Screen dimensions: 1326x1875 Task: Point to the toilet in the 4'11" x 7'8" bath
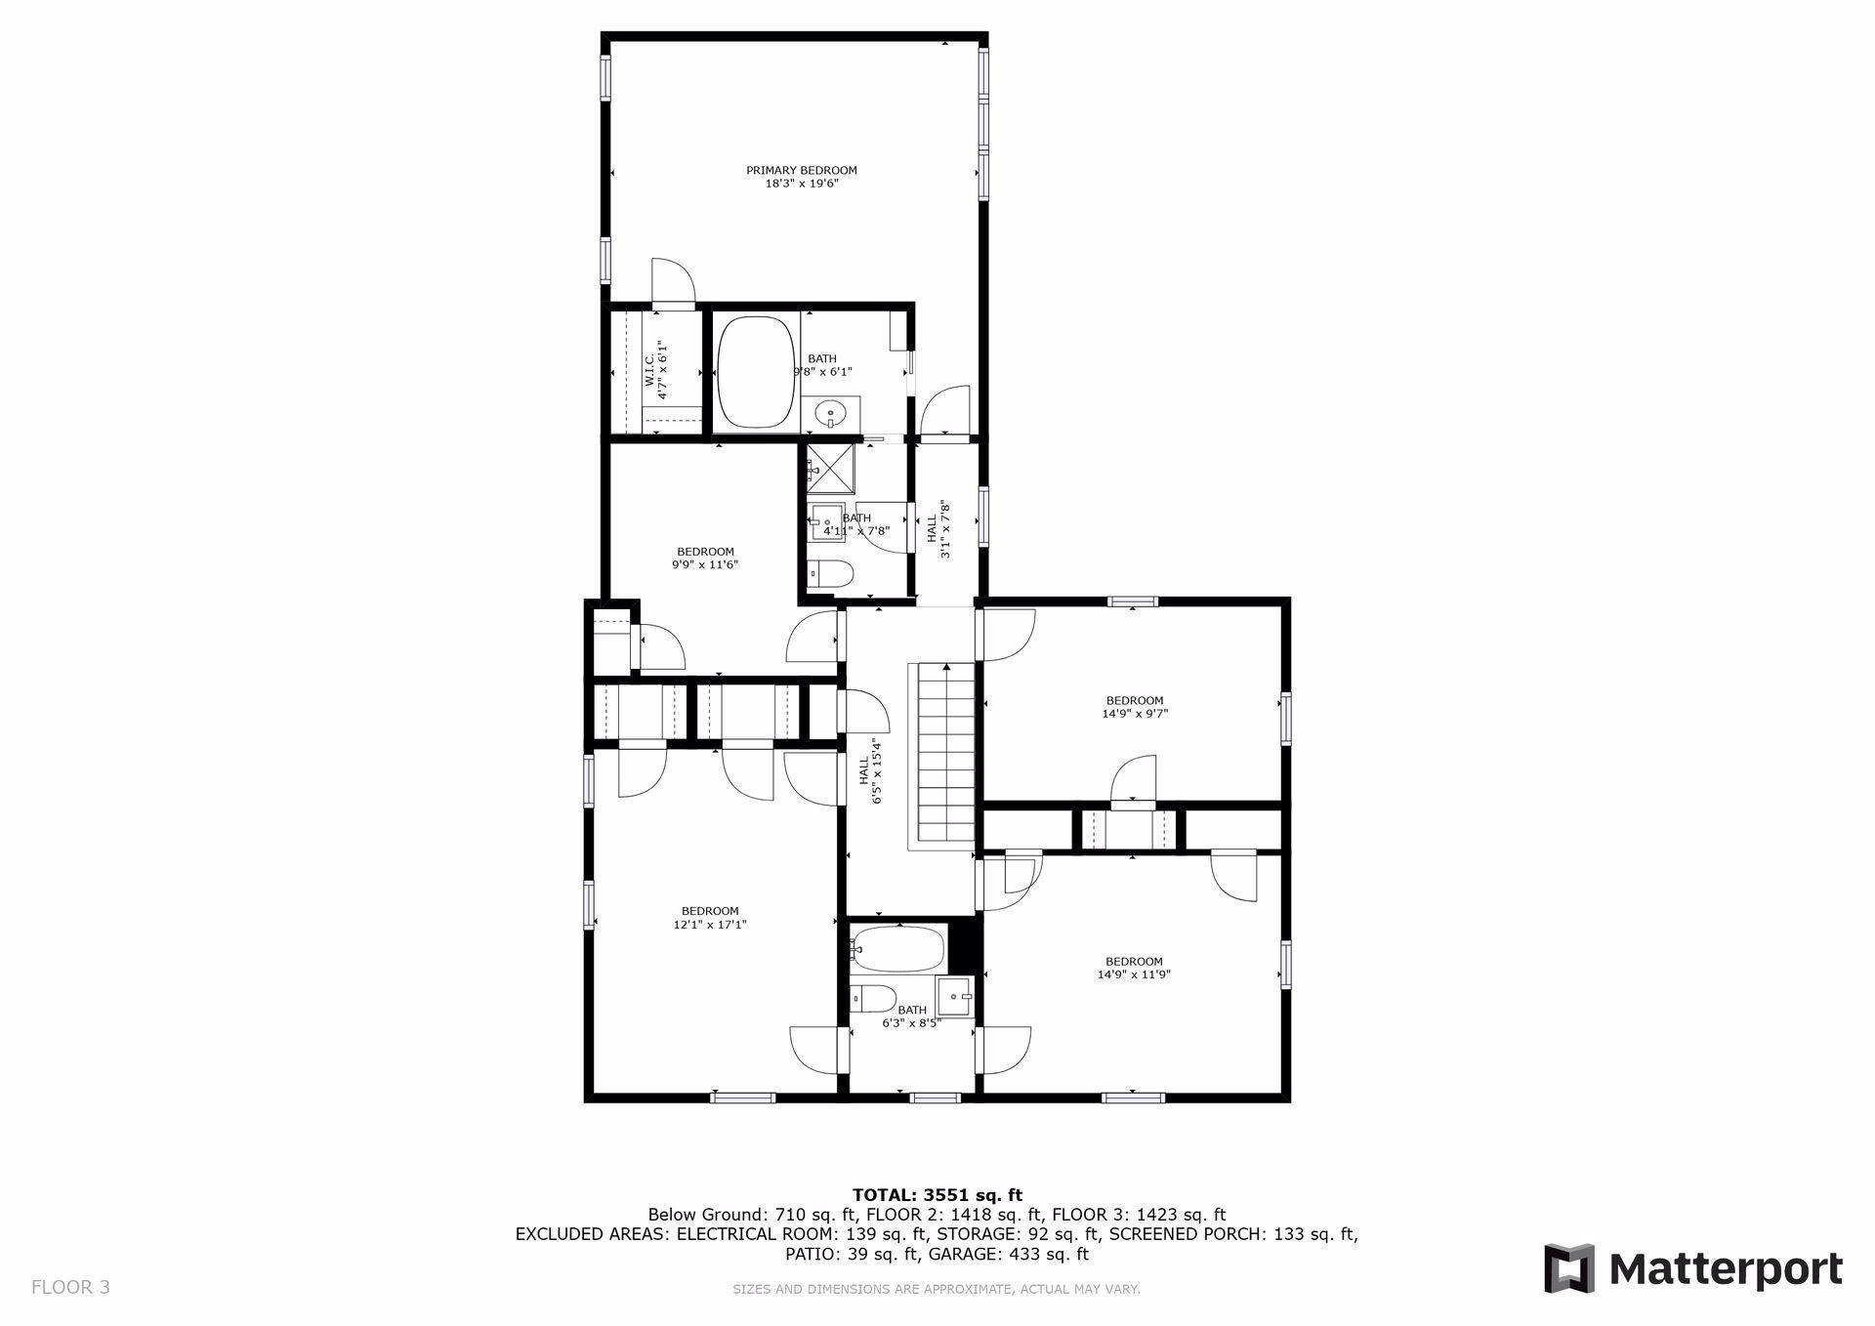(x=832, y=573)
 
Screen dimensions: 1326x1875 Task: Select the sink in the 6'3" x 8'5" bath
(x=955, y=997)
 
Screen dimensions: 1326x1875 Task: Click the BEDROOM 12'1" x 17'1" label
(x=710, y=918)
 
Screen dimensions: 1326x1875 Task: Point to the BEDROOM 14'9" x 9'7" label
(x=1134, y=707)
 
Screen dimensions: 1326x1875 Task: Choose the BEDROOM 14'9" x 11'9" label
(x=1134, y=968)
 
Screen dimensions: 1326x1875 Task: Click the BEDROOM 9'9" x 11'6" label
(x=704, y=559)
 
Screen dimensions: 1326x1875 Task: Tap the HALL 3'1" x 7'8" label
(x=938, y=529)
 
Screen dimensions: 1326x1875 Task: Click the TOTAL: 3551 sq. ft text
(x=937, y=1195)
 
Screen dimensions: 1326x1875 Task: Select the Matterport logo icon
(x=1569, y=1268)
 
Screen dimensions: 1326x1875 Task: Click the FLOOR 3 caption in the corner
(x=70, y=1287)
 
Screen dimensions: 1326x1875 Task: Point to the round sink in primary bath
(x=831, y=414)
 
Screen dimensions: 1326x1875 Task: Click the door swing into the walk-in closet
(x=672, y=283)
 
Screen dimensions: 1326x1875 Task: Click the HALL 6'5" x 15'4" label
(x=870, y=771)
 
